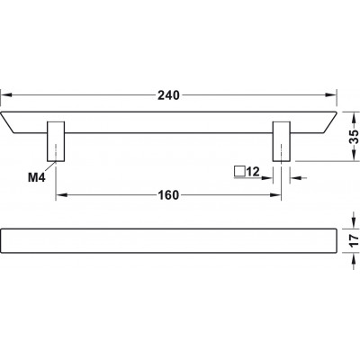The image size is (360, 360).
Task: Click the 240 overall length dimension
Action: [x=168, y=95]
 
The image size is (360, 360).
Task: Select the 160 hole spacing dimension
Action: [x=168, y=195]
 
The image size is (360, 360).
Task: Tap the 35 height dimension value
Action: [x=355, y=137]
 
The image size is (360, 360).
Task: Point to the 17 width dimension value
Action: [x=355, y=240]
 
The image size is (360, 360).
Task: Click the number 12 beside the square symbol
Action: [x=253, y=172]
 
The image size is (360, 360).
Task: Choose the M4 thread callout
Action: [x=36, y=178]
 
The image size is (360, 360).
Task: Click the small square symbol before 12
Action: [x=239, y=172]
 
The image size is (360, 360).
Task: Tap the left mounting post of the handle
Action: [x=56, y=141]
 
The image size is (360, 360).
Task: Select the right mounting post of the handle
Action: [x=282, y=141]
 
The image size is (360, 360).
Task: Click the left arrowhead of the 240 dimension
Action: [x=6, y=95]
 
